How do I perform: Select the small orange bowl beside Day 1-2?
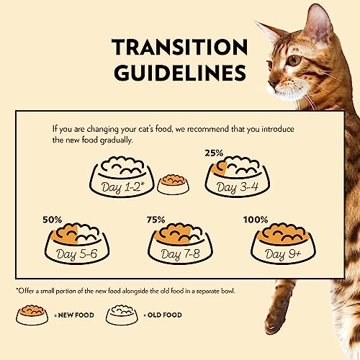[174, 184]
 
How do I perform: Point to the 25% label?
[214, 153]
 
